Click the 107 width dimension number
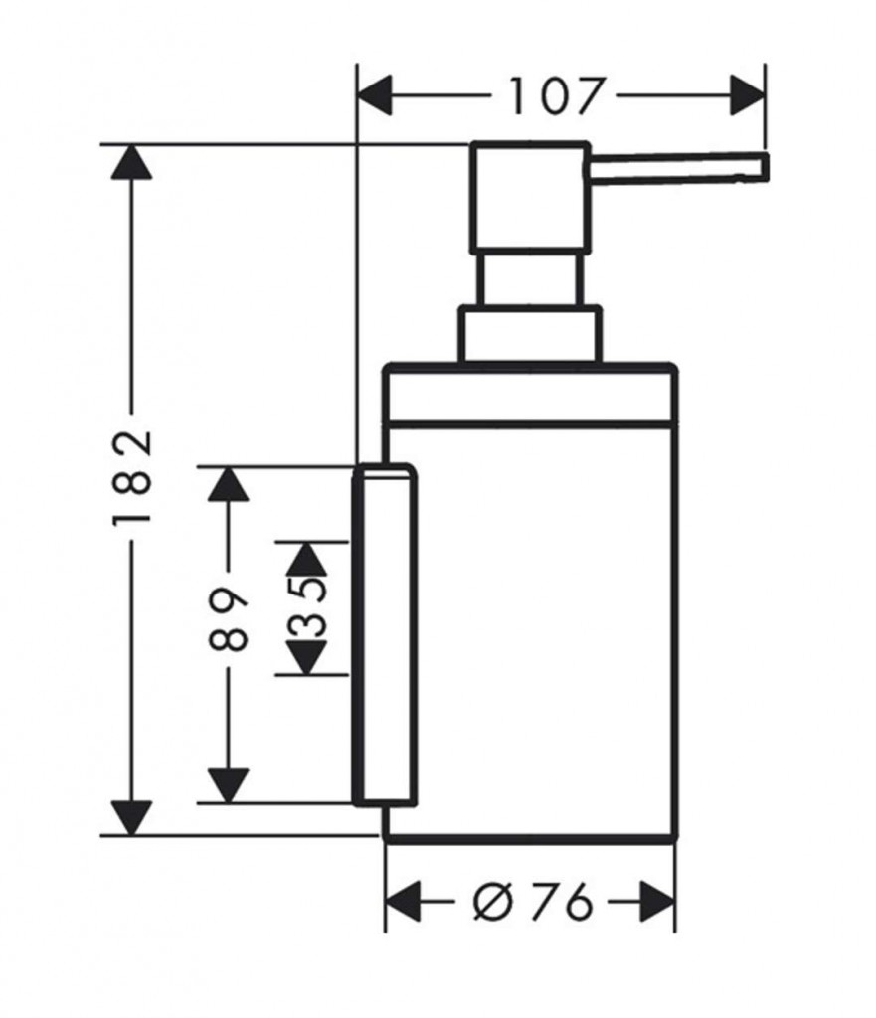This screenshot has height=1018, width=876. tap(556, 97)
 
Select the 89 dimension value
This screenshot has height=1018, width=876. tap(230, 618)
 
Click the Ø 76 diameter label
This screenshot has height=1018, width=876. tap(532, 903)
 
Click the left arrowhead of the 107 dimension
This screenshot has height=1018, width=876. tap(375, 97)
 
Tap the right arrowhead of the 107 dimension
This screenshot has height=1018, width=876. tap(748, 97)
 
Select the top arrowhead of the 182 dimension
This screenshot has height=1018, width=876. tap(132, 161)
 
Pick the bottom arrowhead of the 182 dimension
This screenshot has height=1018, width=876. tap(132, 817)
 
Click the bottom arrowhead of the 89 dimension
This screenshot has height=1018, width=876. tap(230, 785)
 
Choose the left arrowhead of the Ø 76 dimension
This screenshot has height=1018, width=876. tap(403, 903)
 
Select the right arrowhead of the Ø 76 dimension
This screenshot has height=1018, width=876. tap(657, 903)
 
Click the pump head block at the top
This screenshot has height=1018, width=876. tap(529, 196)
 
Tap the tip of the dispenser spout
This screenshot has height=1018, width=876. tap(763, 167)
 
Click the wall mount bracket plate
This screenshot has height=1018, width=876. tap(384, 633)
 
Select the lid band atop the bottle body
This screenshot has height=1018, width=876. tap(530, 395)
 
